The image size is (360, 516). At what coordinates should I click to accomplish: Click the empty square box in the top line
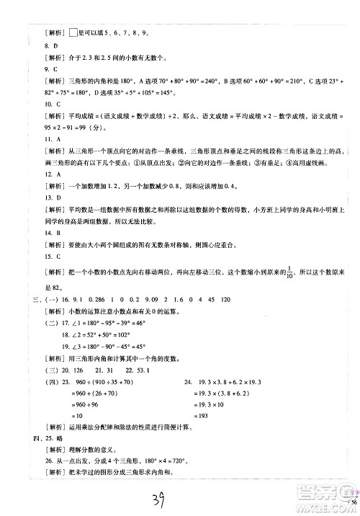pyautogui.click(x=78, y=32)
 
